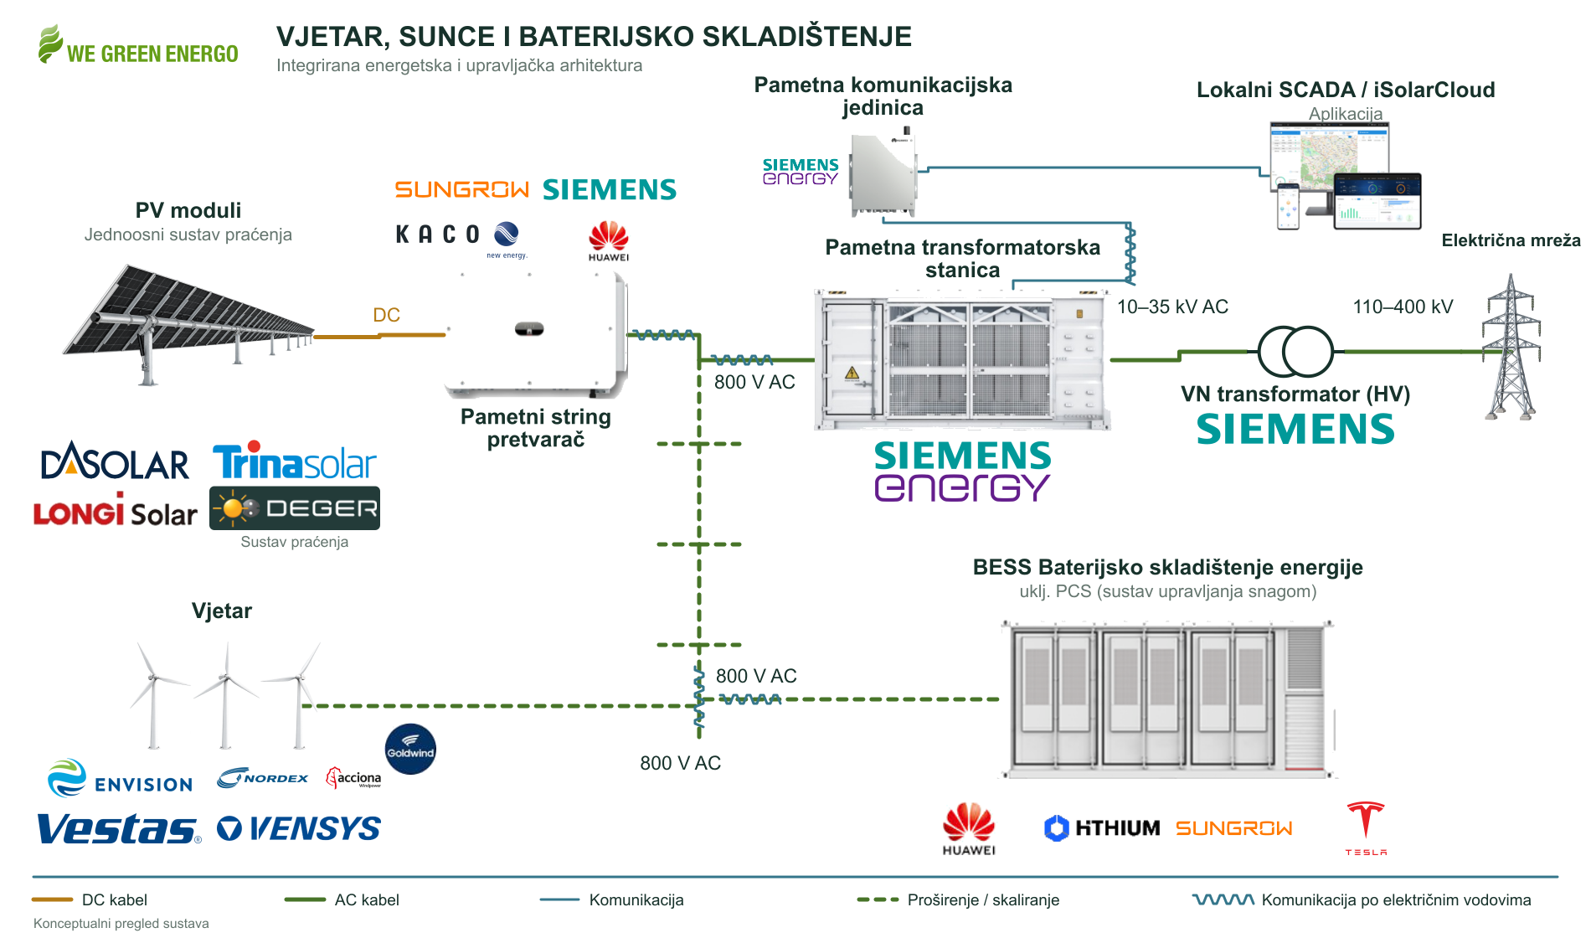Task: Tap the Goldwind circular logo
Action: coord(410,749)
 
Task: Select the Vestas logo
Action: coord(119,828)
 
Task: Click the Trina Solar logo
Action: coord(295,461)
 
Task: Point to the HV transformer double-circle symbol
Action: coord(1295,352)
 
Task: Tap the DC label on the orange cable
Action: coord(386,315)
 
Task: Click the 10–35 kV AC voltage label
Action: coord(1172,307)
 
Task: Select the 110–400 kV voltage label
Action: coord(1403,307)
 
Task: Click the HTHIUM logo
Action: coord(1102,827)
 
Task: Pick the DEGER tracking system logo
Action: coord(295,508)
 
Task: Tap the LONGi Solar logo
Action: coord(116,510)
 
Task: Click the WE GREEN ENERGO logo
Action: coord(138,45)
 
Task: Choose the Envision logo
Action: coord(121,778)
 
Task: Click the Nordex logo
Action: coord(263,778)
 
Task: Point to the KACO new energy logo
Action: coord(461,238)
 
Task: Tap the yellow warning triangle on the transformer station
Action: coord(852,374)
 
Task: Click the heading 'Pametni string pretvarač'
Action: coord(536,428)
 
